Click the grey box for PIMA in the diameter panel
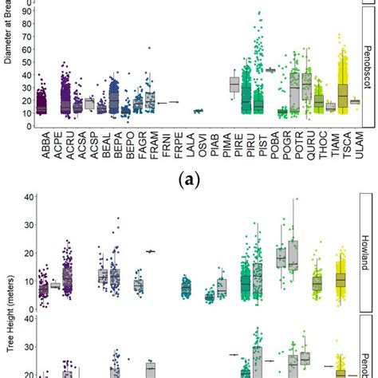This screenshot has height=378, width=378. click(234, 85)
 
